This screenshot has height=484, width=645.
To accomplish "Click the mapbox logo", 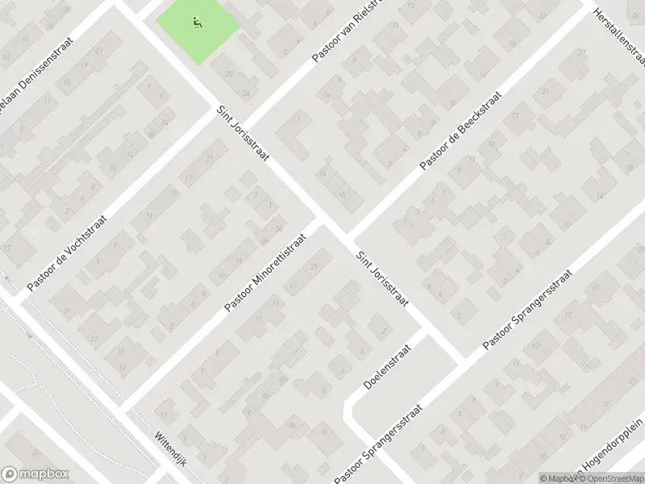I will pyautogui.click(x=33, y=474).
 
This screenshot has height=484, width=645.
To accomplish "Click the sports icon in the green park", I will pyautogui.click(x=197, y=23).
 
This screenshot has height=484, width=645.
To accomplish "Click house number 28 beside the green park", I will pyautogui.click(x=229, y=74).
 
